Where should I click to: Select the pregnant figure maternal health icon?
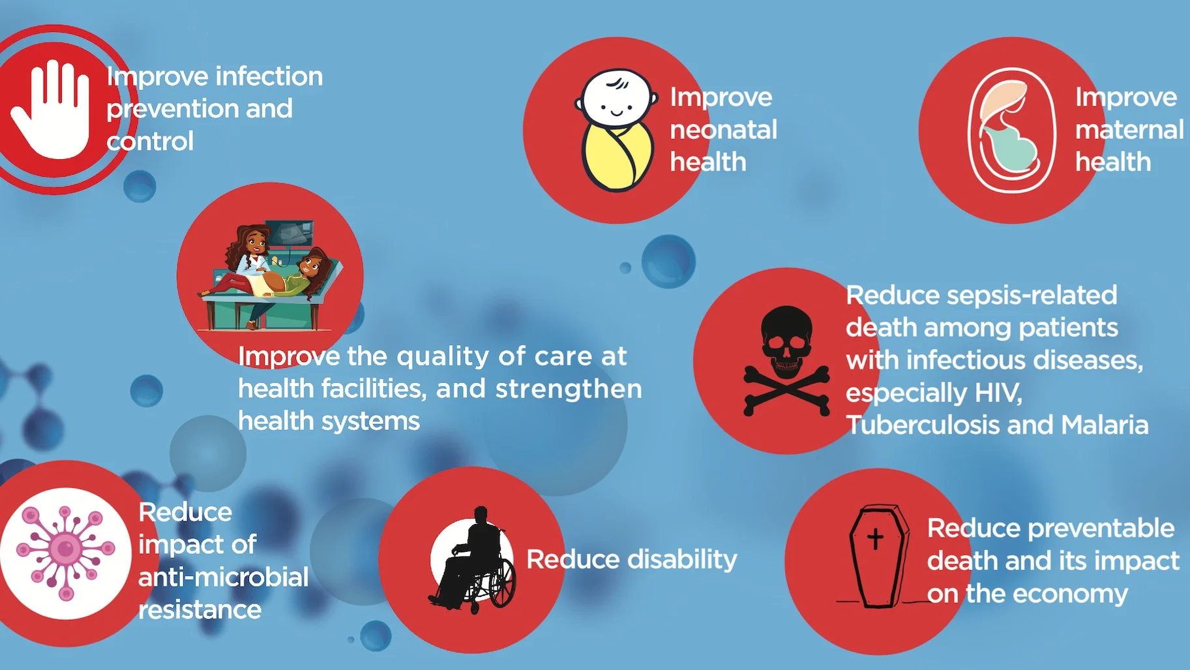1011,130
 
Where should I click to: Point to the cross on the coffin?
875,538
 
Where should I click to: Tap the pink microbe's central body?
65,548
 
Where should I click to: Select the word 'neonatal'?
723,130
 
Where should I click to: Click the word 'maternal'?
1129,130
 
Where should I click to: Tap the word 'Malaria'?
1105,425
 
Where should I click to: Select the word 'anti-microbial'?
223,577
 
